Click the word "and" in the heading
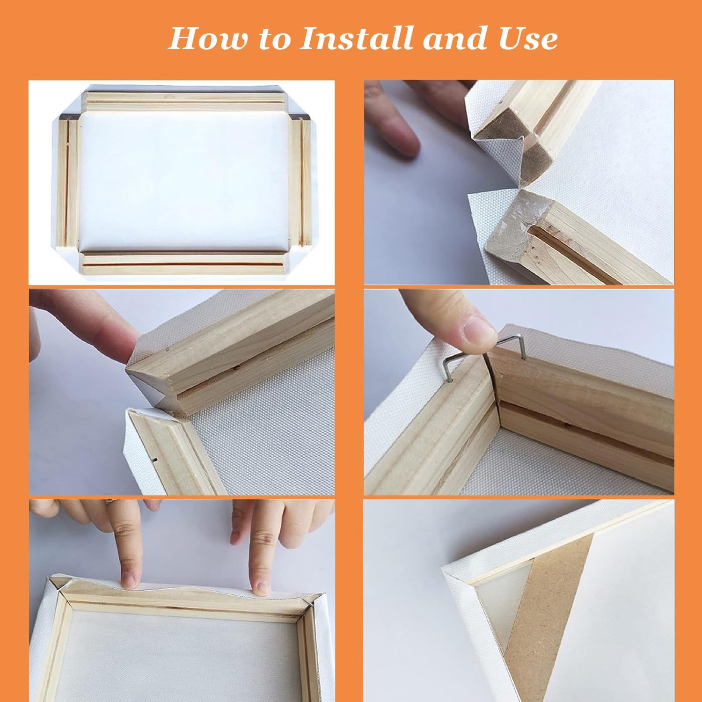(x=456, y=38)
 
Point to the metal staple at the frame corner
(x=482, y=351)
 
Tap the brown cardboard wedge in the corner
(x=549, y=618)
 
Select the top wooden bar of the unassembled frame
(x=185, y=101)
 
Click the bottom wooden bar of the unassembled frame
(x=183, y=264)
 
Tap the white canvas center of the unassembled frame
(x=184, y=182)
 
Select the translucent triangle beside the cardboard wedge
(x=503, y=604)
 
